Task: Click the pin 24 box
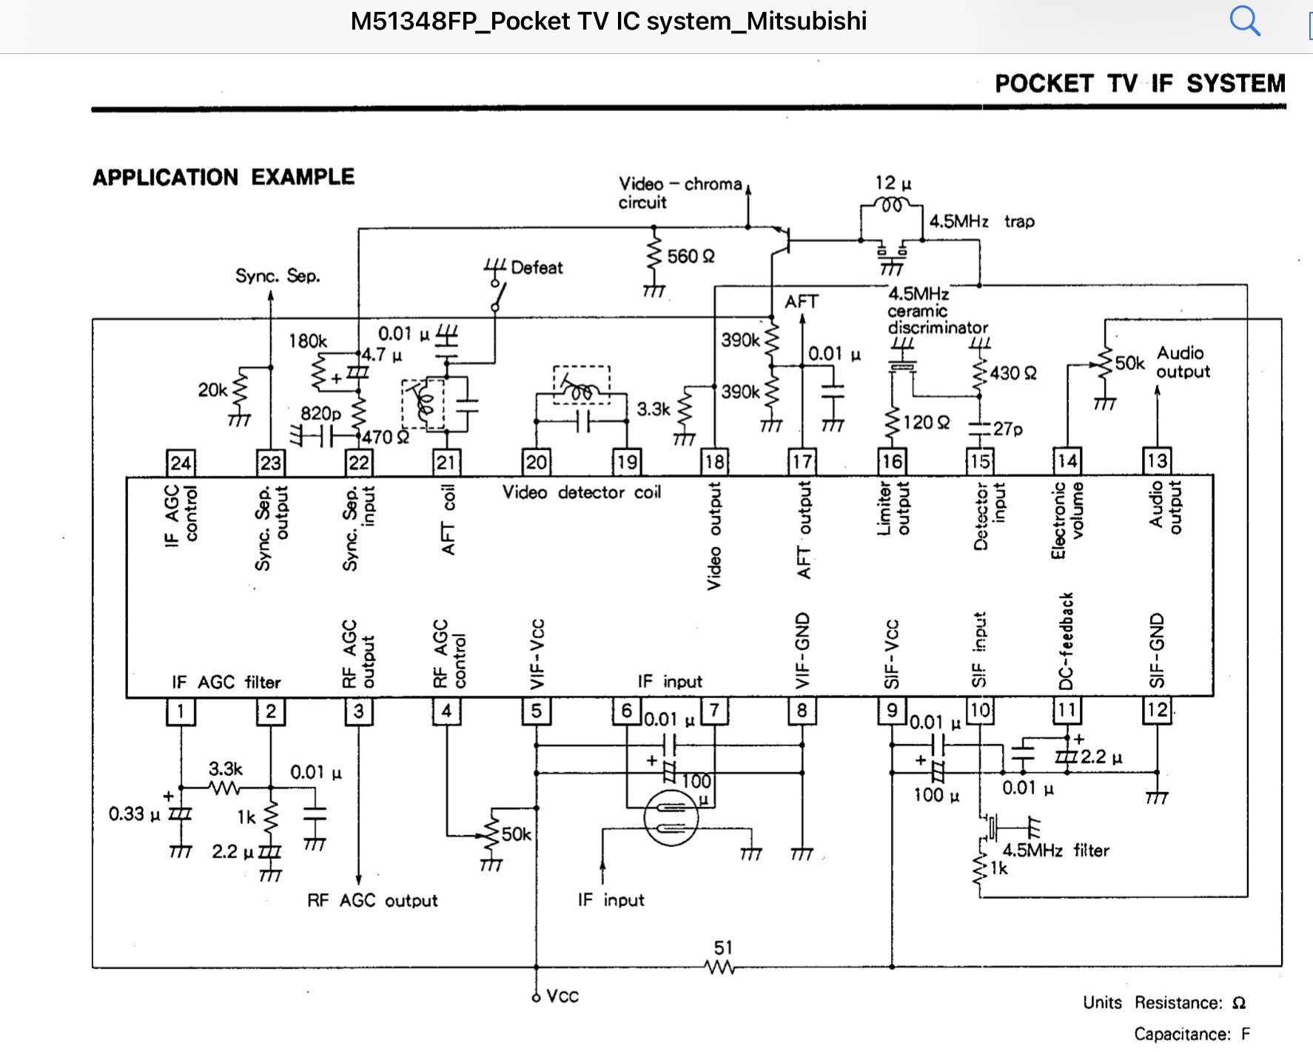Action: [x=181, y=463]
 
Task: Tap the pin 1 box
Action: [x=181, y=711]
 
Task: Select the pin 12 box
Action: [x=1157, y=711]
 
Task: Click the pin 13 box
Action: [x=1157, y=461]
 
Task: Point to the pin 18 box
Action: [x=714, y=462]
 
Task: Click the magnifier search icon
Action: [x=1245, y=21]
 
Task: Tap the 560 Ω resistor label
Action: [x=691, y=257]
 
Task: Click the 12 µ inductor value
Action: [x=893, y=183]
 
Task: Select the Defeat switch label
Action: [x=537, y=267]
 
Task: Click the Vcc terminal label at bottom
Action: [x=563, y=996]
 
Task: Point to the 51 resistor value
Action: [x=723, y=948]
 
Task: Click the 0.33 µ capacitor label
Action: [x=134, y=814]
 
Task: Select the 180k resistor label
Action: [x=308, y=341]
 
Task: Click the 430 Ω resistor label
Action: [x=1013, y=373]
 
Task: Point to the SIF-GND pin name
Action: [x=1157, y=651]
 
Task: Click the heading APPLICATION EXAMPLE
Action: [x=224, y=178]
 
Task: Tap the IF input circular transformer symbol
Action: [x=671, y=818]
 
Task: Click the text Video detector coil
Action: [x=582, y=492]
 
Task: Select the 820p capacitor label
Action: [x=320, y=413]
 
